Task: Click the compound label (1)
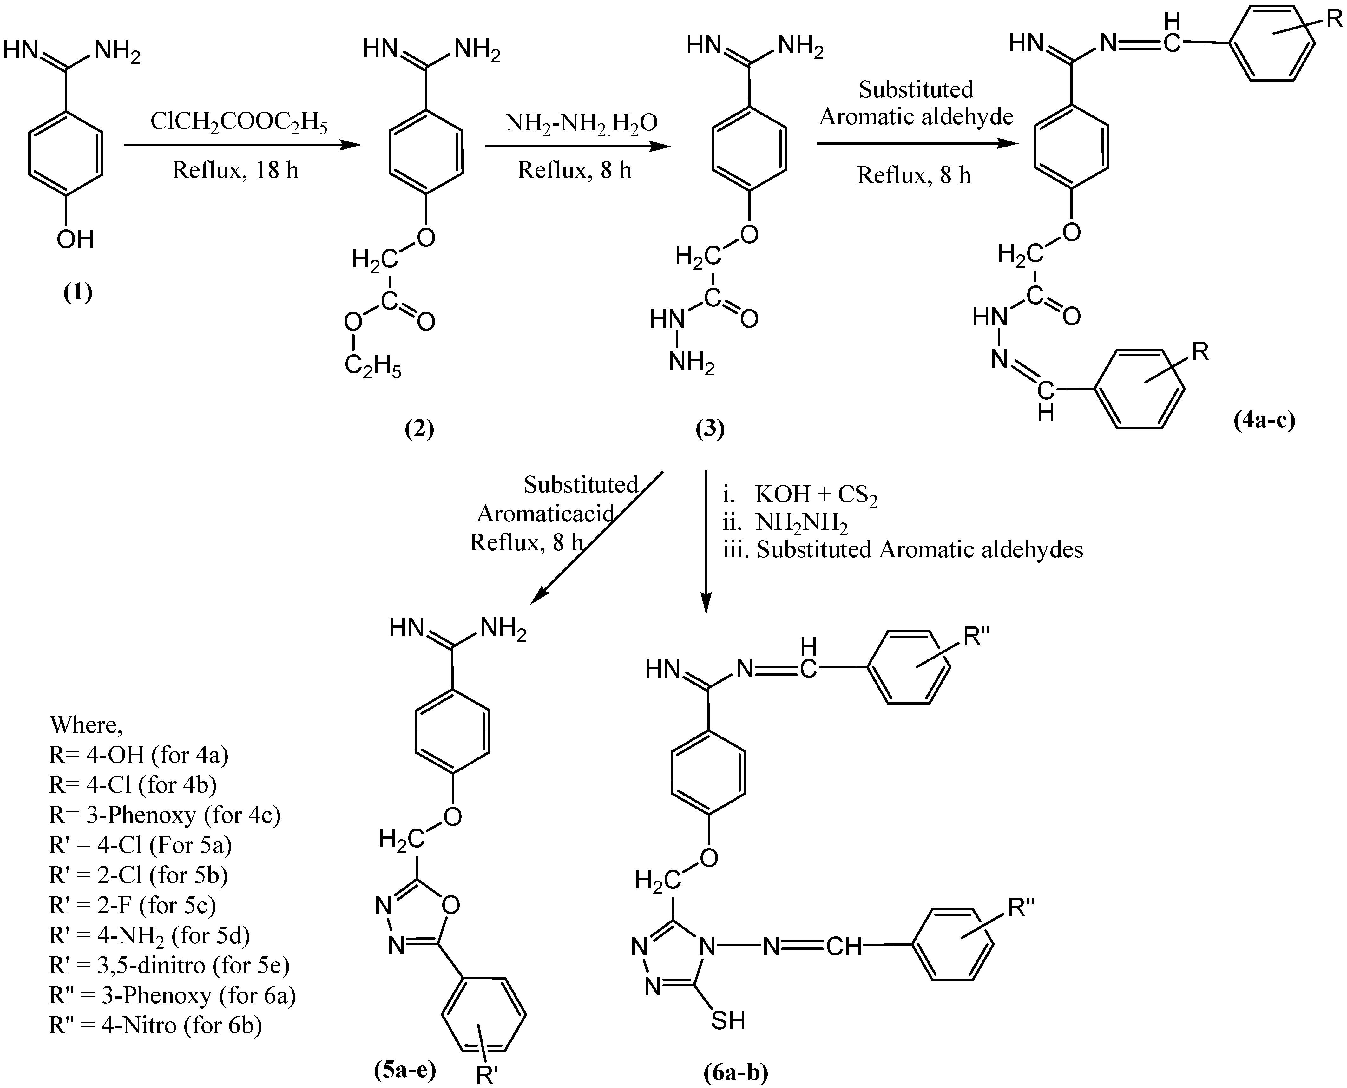click(x=78, y=292)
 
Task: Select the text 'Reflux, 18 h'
click(x=236, y=170)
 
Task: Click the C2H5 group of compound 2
click(x=373, y=367)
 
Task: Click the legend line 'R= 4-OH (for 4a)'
click(x=139, y=755)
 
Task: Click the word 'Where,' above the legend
click(x=87, y=725)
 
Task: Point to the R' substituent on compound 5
click(x=487, y=1075)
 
